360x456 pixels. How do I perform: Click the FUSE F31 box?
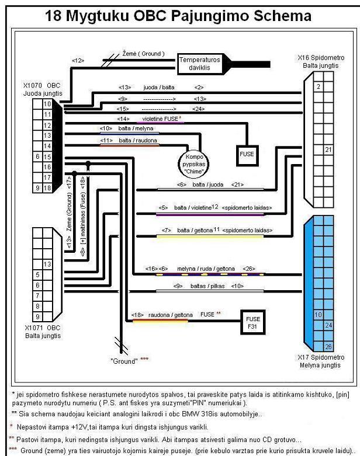252,323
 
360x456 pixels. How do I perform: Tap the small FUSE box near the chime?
247,154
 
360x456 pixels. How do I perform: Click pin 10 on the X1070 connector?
47,104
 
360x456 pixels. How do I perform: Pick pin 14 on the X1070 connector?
47,146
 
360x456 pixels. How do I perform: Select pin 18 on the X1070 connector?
47,187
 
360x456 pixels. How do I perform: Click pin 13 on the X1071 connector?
47,264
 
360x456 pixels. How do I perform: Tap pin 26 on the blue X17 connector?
328,347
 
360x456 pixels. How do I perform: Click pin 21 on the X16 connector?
328,150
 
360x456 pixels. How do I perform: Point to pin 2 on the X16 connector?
318,87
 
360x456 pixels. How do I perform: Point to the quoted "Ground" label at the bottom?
123,361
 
